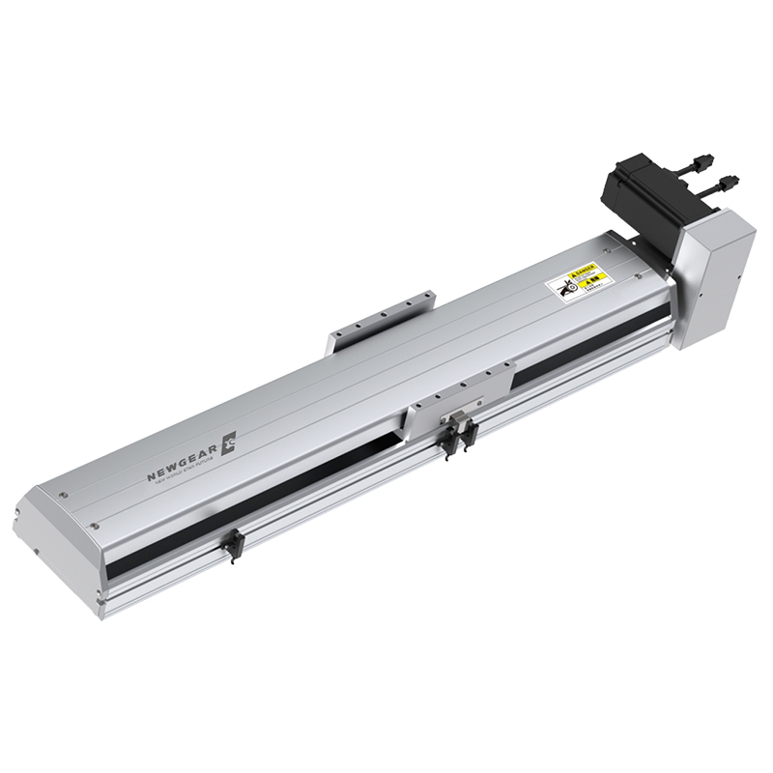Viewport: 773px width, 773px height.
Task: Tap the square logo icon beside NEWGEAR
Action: click(230, 443)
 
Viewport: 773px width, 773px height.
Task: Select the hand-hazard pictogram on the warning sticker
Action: click(563, 287)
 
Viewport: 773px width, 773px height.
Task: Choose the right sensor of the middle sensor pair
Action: click(471, 432)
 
